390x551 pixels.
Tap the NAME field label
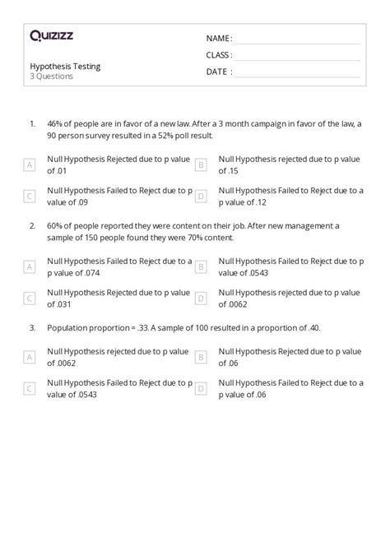click(219, 39)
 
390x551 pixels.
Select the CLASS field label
click(219, 55)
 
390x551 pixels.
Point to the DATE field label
click(218, 72)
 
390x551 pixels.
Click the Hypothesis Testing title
click(65, 66)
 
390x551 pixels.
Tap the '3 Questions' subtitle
click(51, 76)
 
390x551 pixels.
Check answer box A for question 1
click(30, 165)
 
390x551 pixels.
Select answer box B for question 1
click(200, 165)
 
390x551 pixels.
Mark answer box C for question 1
click(30, 196)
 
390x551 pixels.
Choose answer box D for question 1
click(200, 196)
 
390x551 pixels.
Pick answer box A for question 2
click(30, 266)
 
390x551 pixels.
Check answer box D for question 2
click(200, 298)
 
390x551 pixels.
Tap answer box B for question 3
click(200, 356)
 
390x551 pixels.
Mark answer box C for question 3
click(30, 387)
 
